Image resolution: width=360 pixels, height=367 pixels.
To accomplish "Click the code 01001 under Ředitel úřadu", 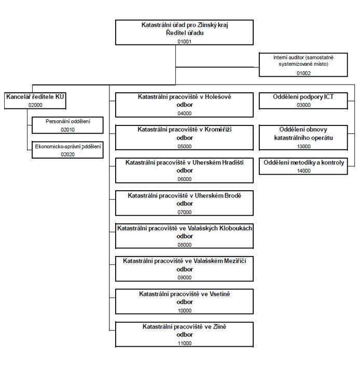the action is pos(184,41).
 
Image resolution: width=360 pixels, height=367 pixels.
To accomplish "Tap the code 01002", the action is pos(303,73).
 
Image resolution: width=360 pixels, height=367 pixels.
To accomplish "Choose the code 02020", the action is pos(67,154).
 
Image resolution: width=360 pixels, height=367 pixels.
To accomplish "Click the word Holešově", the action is pos(218,96).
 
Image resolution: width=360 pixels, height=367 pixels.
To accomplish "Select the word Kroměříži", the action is pos(218,130).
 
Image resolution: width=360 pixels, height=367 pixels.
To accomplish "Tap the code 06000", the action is pos(184,179).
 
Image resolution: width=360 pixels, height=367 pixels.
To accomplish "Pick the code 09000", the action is pos(184,278).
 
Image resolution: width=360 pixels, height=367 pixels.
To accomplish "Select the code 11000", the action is pos(185,343).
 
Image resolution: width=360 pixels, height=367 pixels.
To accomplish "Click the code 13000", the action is pos(304,147).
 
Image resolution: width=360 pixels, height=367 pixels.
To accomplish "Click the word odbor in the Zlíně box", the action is pos(185,335).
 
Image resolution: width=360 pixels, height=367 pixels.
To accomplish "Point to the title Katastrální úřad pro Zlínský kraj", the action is pos(185,25).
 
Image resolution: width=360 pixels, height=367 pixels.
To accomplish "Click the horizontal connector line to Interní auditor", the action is pos(217,67).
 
